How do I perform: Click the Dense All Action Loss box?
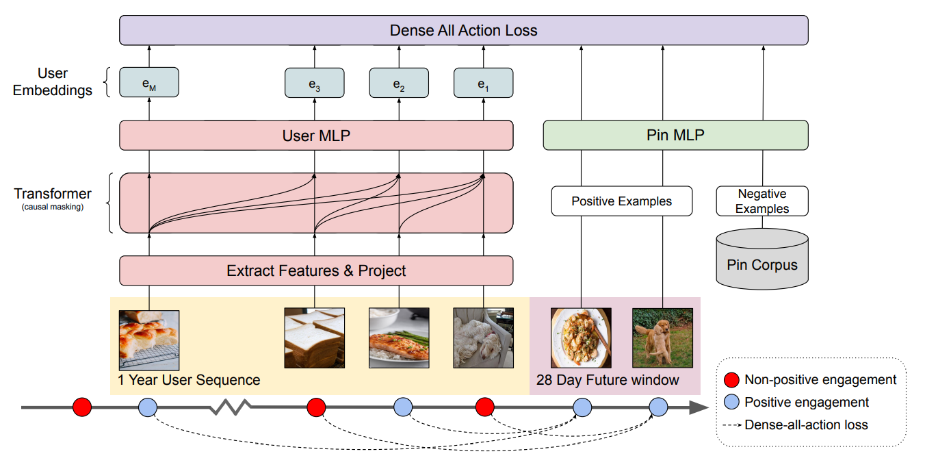463,30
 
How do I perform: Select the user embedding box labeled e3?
314,83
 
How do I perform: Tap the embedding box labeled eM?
148,83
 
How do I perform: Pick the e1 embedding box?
483,83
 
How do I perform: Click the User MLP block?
316,136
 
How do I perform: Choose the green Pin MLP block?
675,136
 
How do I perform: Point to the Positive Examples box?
621,201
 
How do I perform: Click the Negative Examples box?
762,201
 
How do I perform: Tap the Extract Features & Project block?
316,270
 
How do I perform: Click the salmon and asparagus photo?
399,338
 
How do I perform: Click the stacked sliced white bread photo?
314,338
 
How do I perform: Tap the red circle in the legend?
731,379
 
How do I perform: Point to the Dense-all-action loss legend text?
806,424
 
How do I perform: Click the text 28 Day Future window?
608,380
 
